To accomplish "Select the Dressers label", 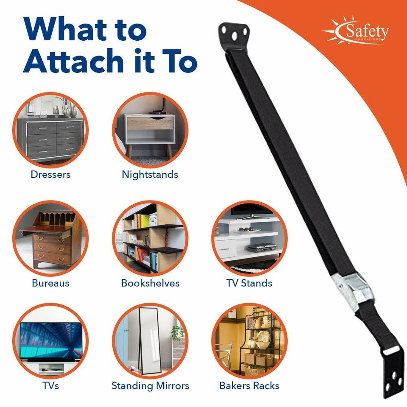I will tap(50, 174).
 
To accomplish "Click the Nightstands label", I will tap(150, 174).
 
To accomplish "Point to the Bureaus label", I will tap(50, 283).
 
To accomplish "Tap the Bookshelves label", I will tap(150, 283).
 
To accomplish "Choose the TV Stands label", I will tap(249, 283).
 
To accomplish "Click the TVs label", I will tap(50, 386).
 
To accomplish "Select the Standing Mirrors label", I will tap(150, 386).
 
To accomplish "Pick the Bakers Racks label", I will tap(249, 386).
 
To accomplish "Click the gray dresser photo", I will tap(50, 130).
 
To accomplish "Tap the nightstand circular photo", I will tap(150, 130).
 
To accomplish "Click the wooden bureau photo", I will tap(50, 238).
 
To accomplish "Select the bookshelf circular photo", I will tap(150, 238).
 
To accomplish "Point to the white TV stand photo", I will tap(249, 238).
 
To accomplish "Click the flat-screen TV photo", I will tap(50, 341).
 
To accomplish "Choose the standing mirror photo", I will tap(150, 341).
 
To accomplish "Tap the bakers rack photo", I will tap(249, 341).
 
